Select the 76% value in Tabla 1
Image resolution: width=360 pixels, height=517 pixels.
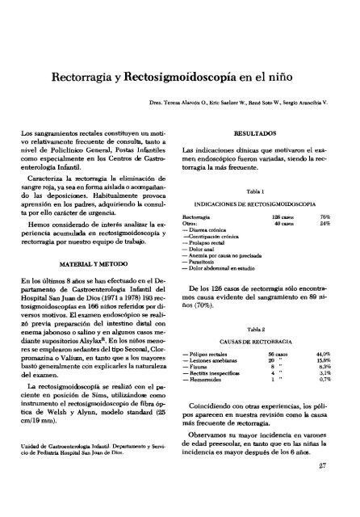coord(327,217)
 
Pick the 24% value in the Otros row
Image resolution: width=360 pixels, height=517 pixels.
coord(327,225)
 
